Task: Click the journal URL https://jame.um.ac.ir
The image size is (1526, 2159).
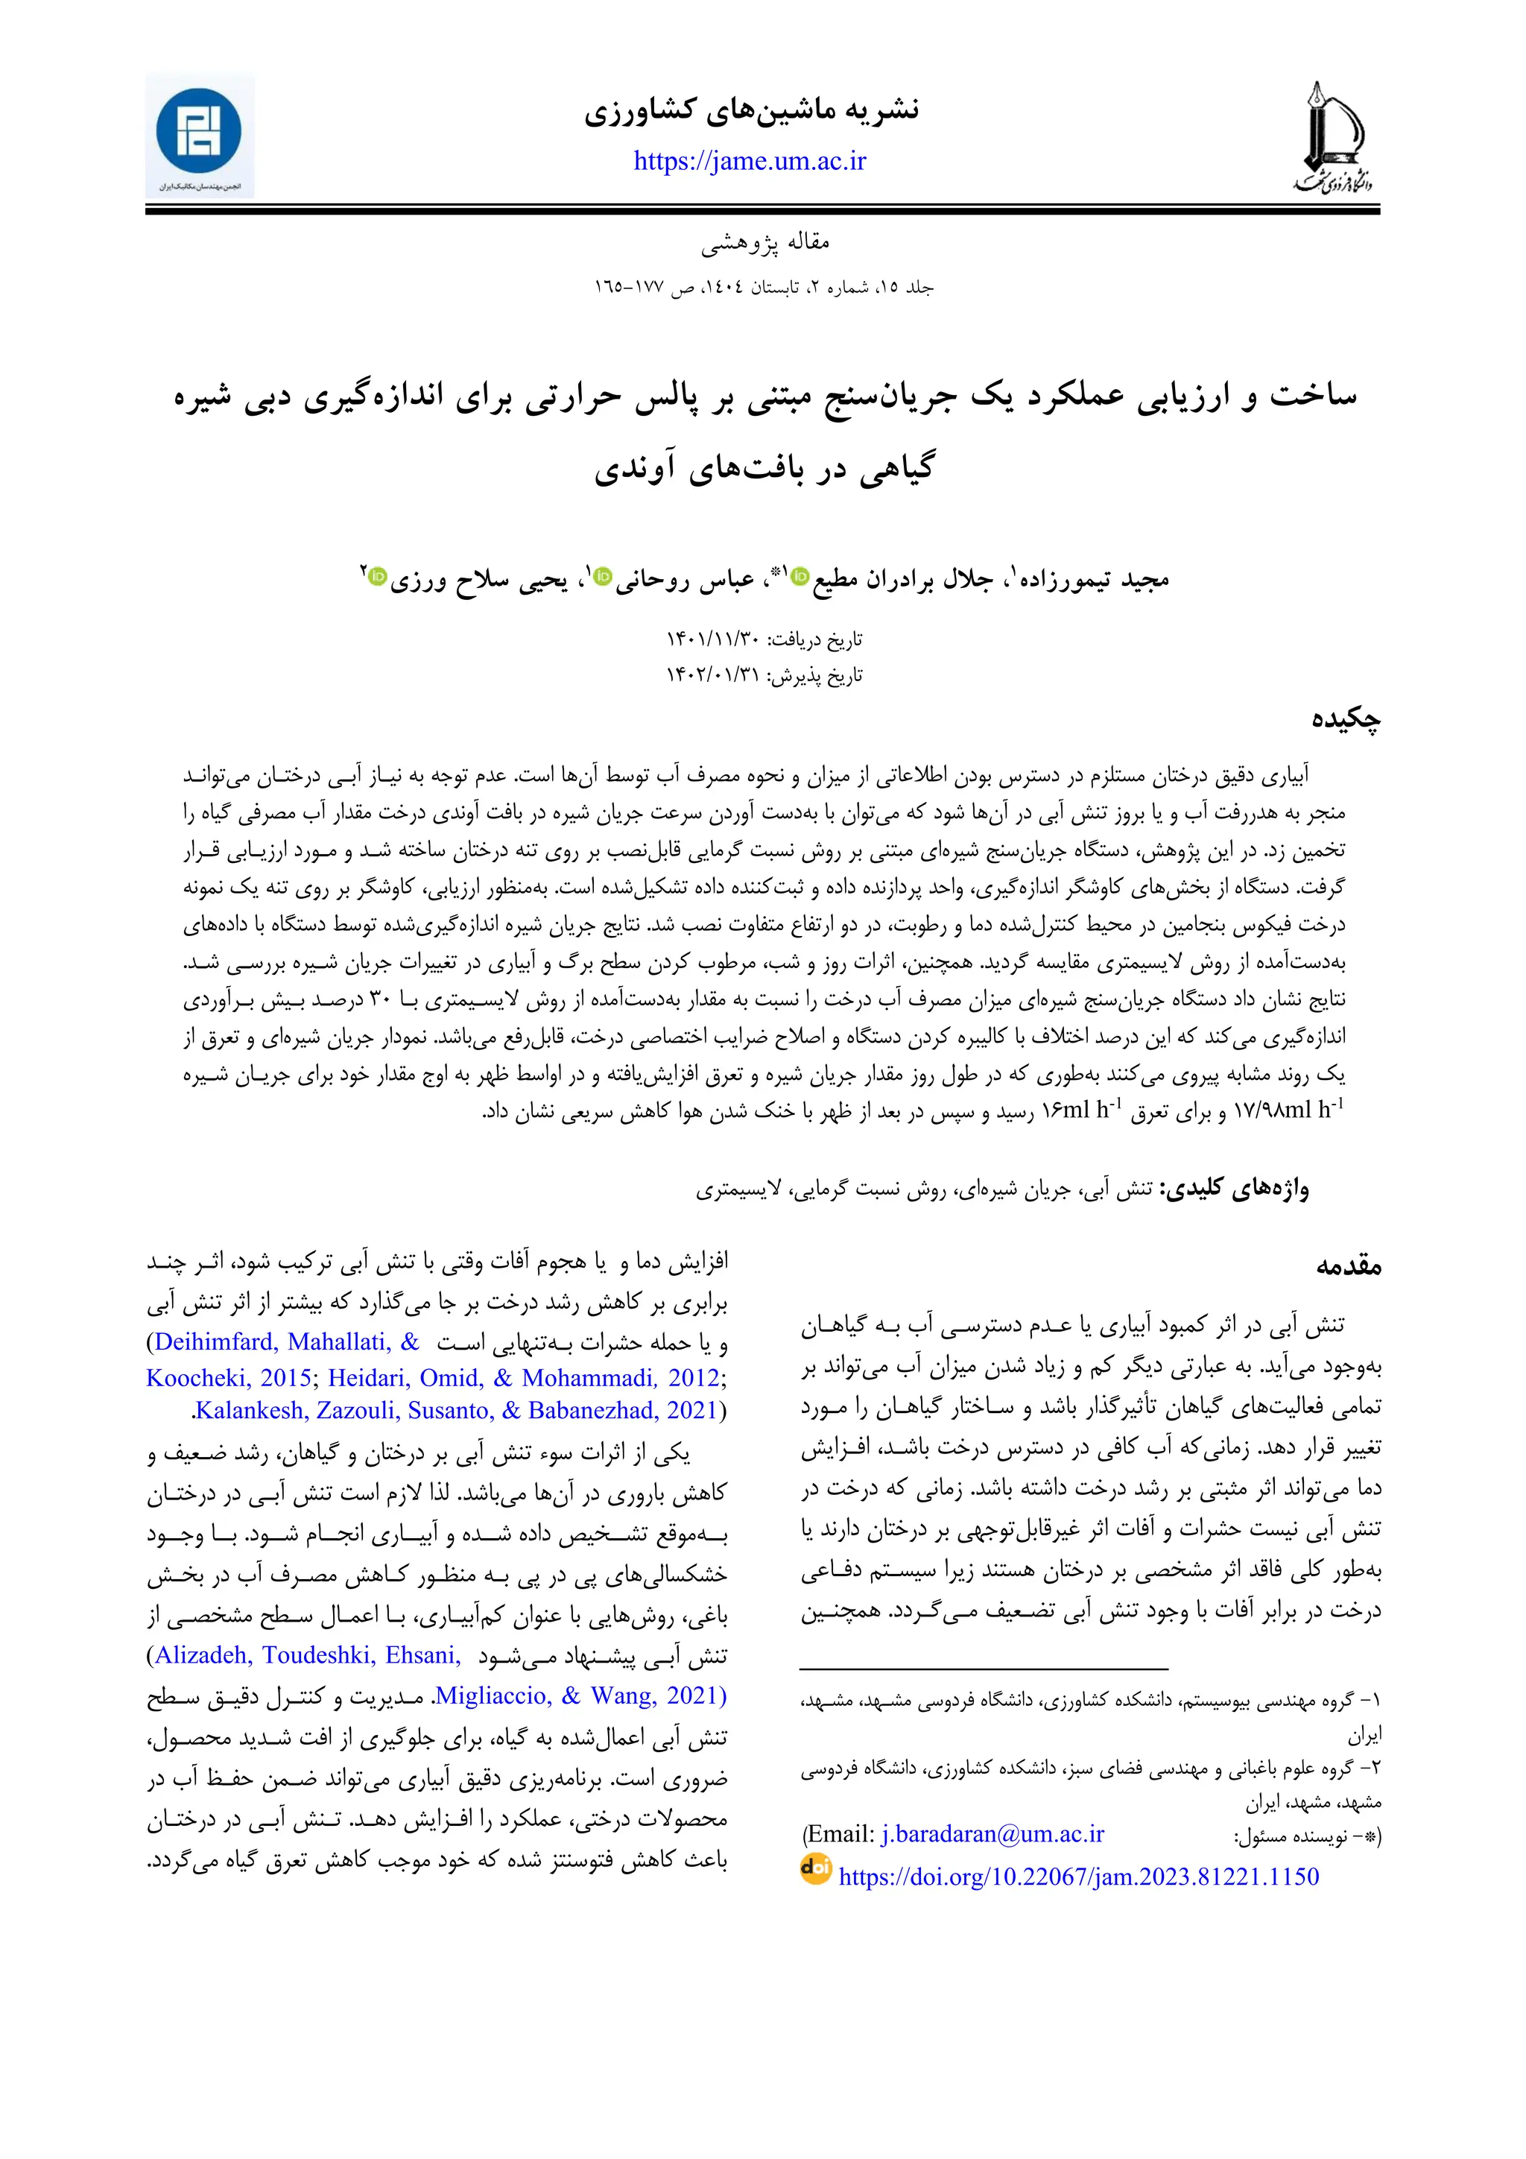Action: pos(750,162)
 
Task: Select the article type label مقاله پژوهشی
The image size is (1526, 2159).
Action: pos(764,243)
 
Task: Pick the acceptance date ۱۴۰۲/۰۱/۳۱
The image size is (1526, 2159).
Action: pos(712,675)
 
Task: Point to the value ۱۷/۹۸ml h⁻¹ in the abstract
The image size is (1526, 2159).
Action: pos(1287,1110)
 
